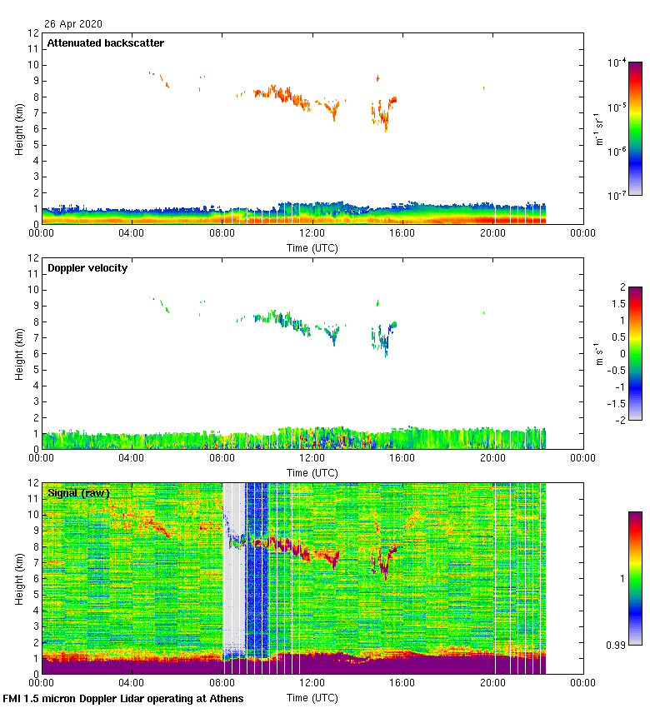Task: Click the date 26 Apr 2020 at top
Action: (x=73, y=24)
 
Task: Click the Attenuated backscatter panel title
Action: (x=106, y=43)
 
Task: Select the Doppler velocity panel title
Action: (x=87, y=268)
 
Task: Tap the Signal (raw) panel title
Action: (x=78, y=493)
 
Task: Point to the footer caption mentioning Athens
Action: (x=123, y=698)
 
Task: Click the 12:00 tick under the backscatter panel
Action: (x=312, y=234)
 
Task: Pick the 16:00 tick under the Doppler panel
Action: (x=402, y=459)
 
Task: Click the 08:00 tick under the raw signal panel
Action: (x=222, y=684)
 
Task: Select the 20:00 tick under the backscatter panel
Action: (x=492, y=234)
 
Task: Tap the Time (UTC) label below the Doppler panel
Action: (x=312, y=472)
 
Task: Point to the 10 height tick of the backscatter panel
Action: (x=33, y=65)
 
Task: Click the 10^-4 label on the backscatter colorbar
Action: (x=617, y=62)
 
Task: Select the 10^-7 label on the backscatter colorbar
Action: (x=617, y=196)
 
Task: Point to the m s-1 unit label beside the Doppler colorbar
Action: (x=597, y=353)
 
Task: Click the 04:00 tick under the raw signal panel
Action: (x=132, y=684)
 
